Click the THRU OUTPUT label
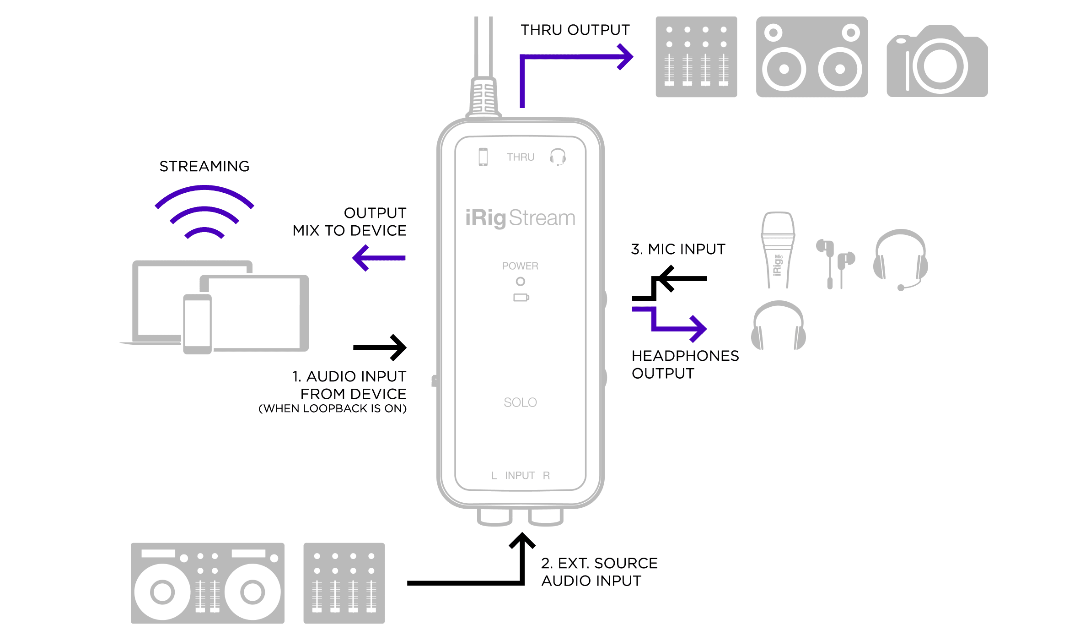tap(575, 30)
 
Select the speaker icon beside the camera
tap(812, 57)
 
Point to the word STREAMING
tap(204, 166)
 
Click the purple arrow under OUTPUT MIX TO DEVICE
tap(379, 258)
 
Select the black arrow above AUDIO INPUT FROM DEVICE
tap(380, 348)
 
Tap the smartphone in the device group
tap(198, 324)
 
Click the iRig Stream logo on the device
tap(520, 218)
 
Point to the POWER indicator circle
tap(520, 281)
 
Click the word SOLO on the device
tap(520, 402)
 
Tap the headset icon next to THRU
tap(558, 157)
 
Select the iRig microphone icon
tap(778, 250)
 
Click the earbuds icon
tap(835, 264)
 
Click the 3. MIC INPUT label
tap(678, 249)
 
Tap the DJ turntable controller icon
tap(207, 583)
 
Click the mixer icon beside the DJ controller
tap(344, 583)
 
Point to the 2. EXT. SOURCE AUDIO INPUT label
tap(599, 572)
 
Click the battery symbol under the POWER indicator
tap(521, 298)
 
